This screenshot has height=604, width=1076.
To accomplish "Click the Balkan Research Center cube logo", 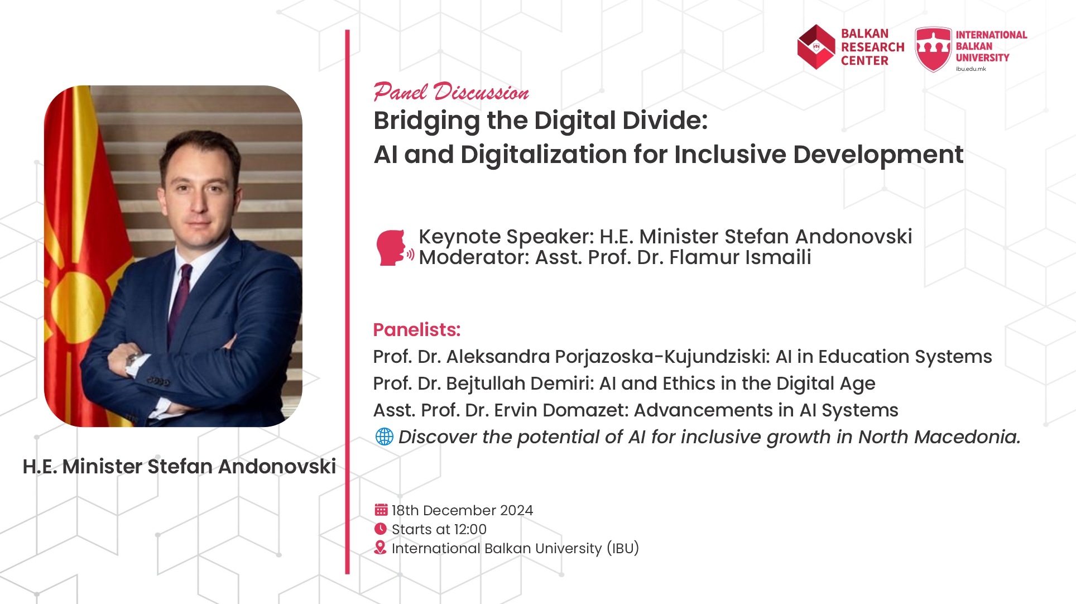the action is click(816, 47).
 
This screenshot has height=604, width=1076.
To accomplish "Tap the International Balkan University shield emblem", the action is click(933, 49).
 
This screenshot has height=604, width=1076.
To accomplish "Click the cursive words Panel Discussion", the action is click(451, 92).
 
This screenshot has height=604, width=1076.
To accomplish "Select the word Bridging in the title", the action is click(427, 121).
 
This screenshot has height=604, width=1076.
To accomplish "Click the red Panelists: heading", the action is click(417, 329).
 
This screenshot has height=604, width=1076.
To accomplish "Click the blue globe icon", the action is click(385, 437).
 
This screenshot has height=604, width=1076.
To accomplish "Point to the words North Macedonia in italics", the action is click(939, 437).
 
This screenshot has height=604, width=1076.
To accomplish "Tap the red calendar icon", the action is click(381, 510).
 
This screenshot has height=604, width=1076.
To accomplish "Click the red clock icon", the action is click(381, 529).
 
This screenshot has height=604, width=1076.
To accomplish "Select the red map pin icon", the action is click(380, 548).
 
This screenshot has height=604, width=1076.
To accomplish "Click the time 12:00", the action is click(470, 529).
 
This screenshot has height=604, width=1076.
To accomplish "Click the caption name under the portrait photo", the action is click(179, 466).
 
